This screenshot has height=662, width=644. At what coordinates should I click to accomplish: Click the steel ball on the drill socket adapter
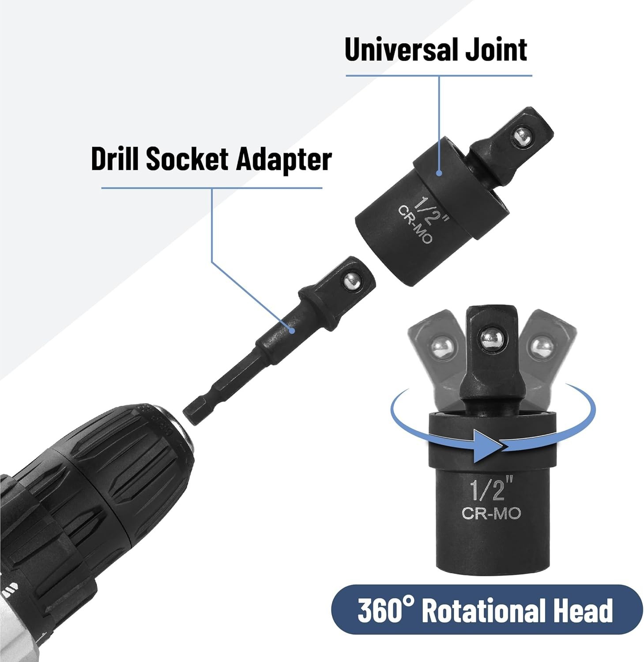point(352,281)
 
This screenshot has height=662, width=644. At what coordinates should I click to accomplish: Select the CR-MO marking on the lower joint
point(491,514)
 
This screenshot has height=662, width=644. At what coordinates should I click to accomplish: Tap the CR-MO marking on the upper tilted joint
point(415,224)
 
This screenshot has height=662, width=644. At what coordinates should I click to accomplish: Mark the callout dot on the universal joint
point(439,173)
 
